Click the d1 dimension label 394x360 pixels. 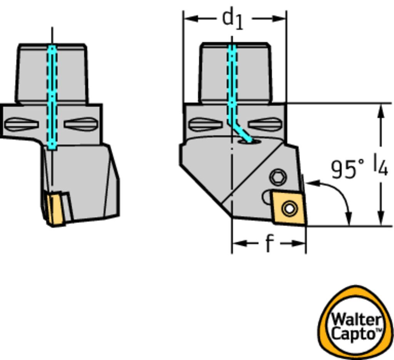[x=233, y=20]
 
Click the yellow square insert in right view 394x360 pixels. [x=289, y=208]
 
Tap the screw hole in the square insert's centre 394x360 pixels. [x=289, y=208]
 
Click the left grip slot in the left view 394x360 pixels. [x=22, y=124]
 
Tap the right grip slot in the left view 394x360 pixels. [x=80, y=124]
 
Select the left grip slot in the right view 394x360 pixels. [x=205, y=125]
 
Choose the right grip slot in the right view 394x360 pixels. [x=264, y=124]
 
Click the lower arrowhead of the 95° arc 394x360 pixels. [x=349, y=218]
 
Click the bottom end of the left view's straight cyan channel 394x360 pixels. [x=52, y=148]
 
